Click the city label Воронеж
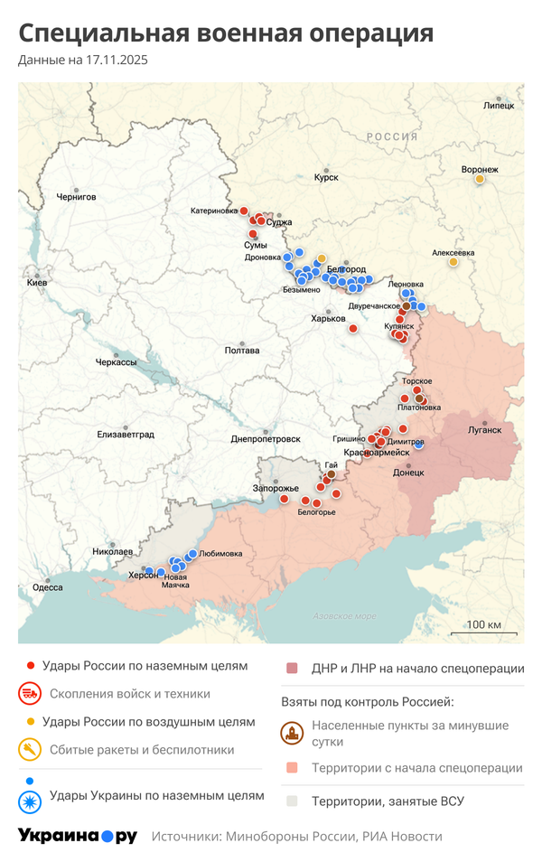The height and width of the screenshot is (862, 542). point(479,169)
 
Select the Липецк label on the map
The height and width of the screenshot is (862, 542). point(499,106)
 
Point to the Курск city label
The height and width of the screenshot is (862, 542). point(325,178)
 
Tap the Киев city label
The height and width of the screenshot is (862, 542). point(37,283)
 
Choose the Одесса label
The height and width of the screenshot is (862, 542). point(47,587)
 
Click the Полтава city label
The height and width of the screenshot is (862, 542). point(242,351)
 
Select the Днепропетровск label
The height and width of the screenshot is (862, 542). point(266,438)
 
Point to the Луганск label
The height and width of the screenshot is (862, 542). point(484,429)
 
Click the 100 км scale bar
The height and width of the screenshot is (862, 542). point(484,625)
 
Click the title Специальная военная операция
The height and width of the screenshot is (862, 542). point(226,33)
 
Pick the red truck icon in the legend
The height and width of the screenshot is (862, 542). point(30,694)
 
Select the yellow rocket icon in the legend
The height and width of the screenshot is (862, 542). point(30,749)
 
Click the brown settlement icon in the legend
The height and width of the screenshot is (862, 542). point(292,733)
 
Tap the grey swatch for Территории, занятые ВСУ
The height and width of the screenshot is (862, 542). point(292,801)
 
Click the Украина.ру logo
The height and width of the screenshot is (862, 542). point(77,836)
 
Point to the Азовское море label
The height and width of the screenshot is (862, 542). point(344,616)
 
